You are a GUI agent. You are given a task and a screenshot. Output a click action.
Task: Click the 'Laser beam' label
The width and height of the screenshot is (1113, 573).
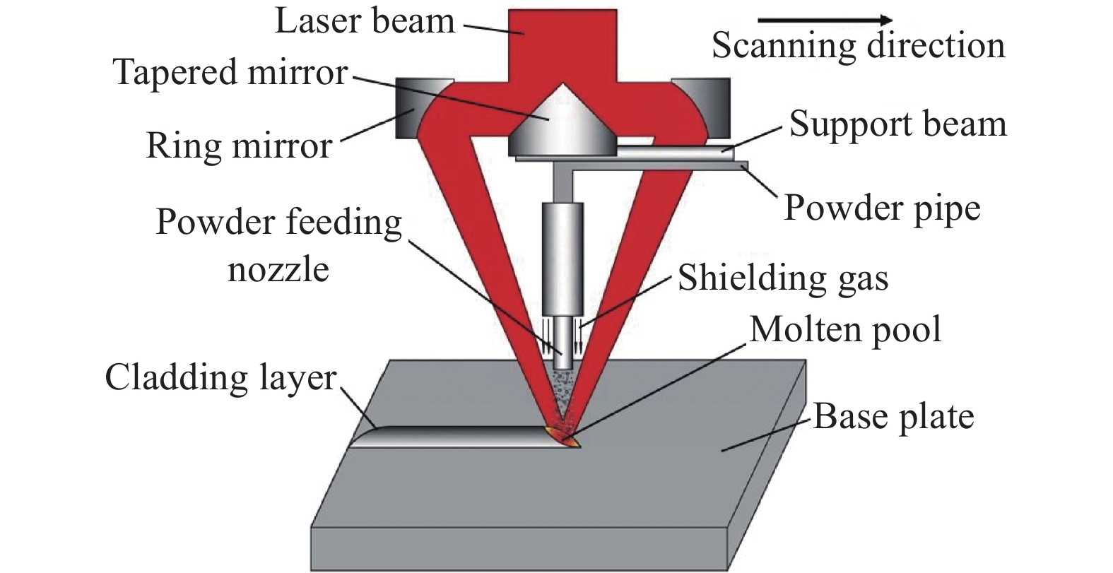click(364, 21)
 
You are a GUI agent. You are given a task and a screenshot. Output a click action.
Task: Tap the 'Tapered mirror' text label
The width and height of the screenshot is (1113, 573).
click(230, 73)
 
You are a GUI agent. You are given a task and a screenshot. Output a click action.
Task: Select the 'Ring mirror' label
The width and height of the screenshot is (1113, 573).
click(238, 146)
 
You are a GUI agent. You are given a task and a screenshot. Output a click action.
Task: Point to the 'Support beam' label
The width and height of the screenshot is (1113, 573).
click(897, 124)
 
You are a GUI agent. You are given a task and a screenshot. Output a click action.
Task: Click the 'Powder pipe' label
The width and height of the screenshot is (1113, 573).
click(882, 208)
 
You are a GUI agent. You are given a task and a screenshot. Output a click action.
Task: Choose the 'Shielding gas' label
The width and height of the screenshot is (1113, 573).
click(782, 278)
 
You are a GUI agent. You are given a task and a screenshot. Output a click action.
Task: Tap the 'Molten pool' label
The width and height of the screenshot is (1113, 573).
click(845, 330)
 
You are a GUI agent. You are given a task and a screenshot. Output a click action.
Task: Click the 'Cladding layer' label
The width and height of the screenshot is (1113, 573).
click(220, 378)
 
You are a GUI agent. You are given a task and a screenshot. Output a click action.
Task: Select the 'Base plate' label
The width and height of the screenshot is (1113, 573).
click(893, 417)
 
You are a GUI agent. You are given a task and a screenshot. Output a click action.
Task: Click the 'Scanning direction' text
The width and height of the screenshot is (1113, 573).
click(858, 46)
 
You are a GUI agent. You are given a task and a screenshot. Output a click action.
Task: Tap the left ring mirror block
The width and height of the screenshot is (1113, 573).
click(418, 108)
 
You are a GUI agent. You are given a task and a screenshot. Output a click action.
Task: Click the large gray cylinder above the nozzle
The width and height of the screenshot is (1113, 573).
click(563, 258)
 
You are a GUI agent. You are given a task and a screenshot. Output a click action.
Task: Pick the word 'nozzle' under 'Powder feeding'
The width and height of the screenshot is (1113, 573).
click(278, 270)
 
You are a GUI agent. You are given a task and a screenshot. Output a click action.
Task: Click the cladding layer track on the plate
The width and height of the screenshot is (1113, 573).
click(459, 436)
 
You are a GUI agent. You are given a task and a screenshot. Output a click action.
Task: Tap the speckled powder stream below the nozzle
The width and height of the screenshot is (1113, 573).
click(563, 396)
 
